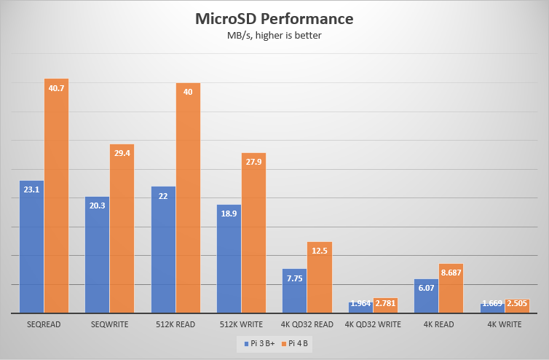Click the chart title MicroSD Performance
(274, 18)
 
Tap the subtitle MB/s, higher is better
(274, 36)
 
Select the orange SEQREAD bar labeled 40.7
(56, 196)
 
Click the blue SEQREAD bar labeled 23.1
(32, 247)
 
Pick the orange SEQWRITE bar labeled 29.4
(122, 229)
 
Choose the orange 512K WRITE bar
(253, 233)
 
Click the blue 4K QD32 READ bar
(295, 291)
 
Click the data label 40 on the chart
(188, 92)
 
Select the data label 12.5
(319, 251)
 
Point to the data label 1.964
(360, 303)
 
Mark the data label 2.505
(516, 303)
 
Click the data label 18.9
(229, 214)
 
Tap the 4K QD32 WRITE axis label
(372, 324)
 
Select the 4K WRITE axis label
(504, 324)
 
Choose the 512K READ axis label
(175, 324)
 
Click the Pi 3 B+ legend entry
(259, 343)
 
